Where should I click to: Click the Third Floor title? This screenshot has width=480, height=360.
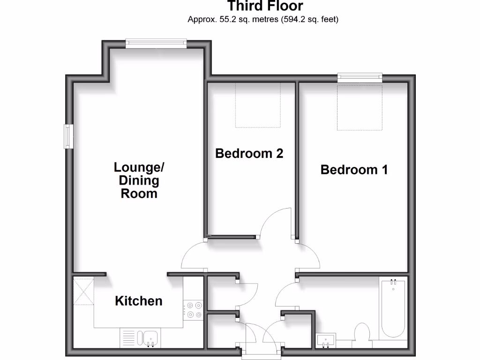point(265,6)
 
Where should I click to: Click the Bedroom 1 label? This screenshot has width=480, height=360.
point(354,170)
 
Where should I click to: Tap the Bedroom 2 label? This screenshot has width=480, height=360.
point(249,153)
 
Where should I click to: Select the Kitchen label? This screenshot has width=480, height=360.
point(139,301)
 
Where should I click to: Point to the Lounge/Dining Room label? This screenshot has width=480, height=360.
point(139,180)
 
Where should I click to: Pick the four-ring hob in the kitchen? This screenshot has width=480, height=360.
point(194,310)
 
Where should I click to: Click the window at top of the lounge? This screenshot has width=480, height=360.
point(156,44)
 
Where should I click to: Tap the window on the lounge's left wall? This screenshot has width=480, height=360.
point(69,136)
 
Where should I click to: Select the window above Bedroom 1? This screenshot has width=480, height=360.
point(360,77)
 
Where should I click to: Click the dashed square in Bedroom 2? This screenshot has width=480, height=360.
point(257,105)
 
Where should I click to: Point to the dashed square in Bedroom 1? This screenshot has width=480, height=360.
point(360,107)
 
